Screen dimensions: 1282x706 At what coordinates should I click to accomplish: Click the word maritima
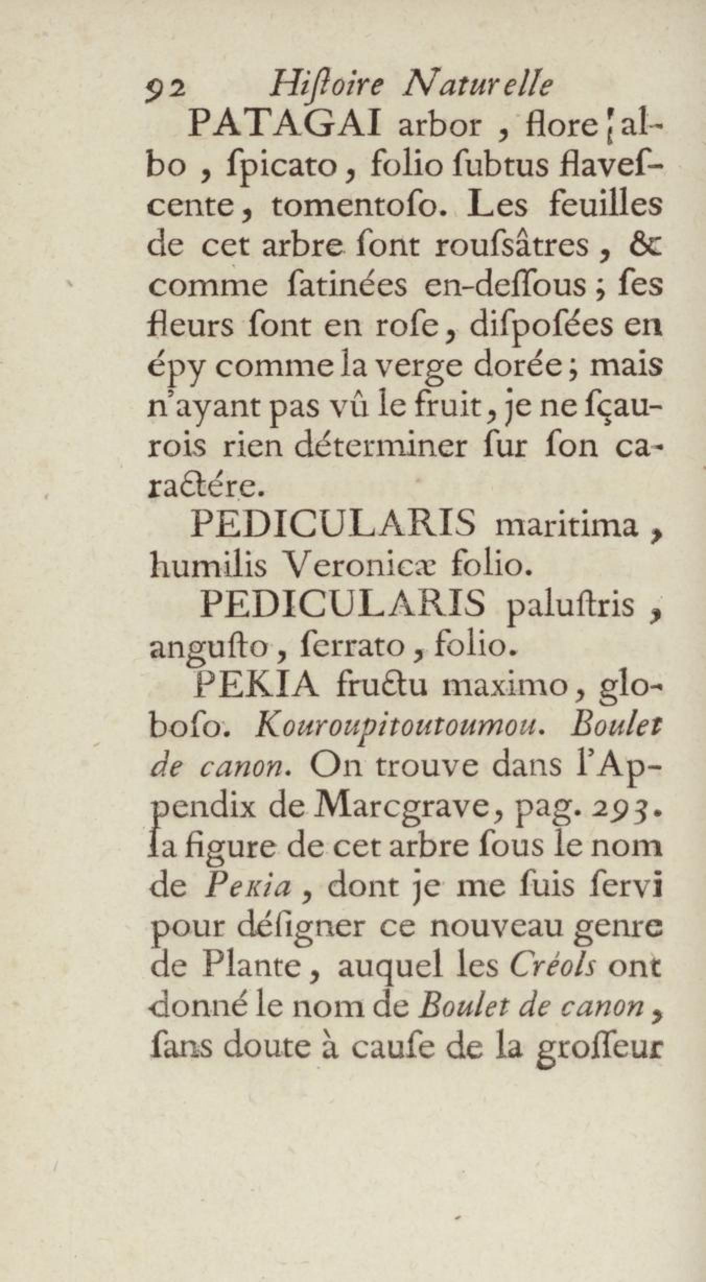tap(566, 526)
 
